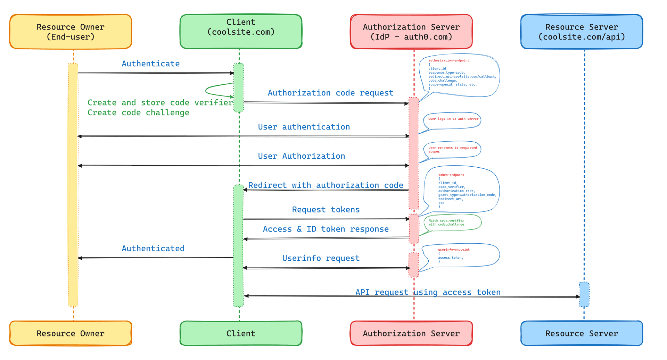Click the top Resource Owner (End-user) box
coord(71,32)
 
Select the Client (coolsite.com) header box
coord(241,32)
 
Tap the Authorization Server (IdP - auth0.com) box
coord(411,32)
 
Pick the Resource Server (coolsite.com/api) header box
coord(582,32)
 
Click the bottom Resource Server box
coord(582,333)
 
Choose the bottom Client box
coord(241,333)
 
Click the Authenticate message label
coord(150,64)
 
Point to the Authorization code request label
coord(330,93)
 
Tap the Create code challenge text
coord(138,112)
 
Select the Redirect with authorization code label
coord(326,185)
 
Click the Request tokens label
coord(326,209)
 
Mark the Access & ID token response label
coord(326,229)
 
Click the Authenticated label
coord(153,248)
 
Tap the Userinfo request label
coord(321,258)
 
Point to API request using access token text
coord(428,292)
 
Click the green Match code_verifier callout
coord(452,223)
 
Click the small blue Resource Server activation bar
coord(584,294)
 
